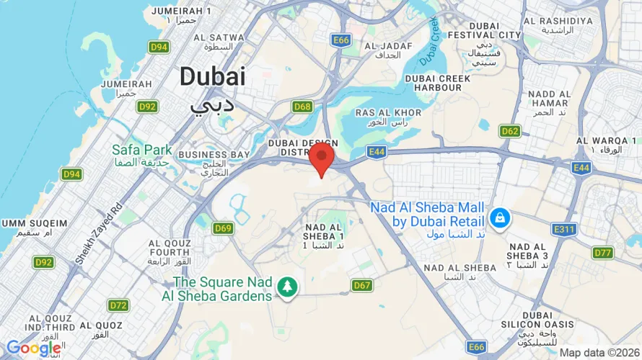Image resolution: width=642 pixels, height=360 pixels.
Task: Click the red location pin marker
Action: point(321,158)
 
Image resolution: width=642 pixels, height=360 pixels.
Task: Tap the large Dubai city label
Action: point(213,78)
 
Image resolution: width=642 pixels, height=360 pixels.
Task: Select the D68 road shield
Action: point(303,107)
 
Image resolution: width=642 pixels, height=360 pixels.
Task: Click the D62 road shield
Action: point(509,131)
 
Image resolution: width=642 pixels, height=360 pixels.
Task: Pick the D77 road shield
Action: point(602,252)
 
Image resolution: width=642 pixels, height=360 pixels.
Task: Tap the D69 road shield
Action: point(224,228)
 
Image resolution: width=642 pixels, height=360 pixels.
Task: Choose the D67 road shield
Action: point(362,286)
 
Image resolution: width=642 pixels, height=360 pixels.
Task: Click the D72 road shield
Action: point(119,305)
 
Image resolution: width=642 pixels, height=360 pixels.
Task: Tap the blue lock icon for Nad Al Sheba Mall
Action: point(498,216)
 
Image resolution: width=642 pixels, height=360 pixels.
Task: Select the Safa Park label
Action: point(142,150)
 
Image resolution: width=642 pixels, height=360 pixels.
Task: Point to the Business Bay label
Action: point(214,154)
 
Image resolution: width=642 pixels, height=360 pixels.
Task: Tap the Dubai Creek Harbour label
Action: point(433,82)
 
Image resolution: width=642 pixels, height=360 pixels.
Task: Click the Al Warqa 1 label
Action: point(603,140)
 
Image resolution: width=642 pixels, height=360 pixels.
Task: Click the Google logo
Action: point(34,348)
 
